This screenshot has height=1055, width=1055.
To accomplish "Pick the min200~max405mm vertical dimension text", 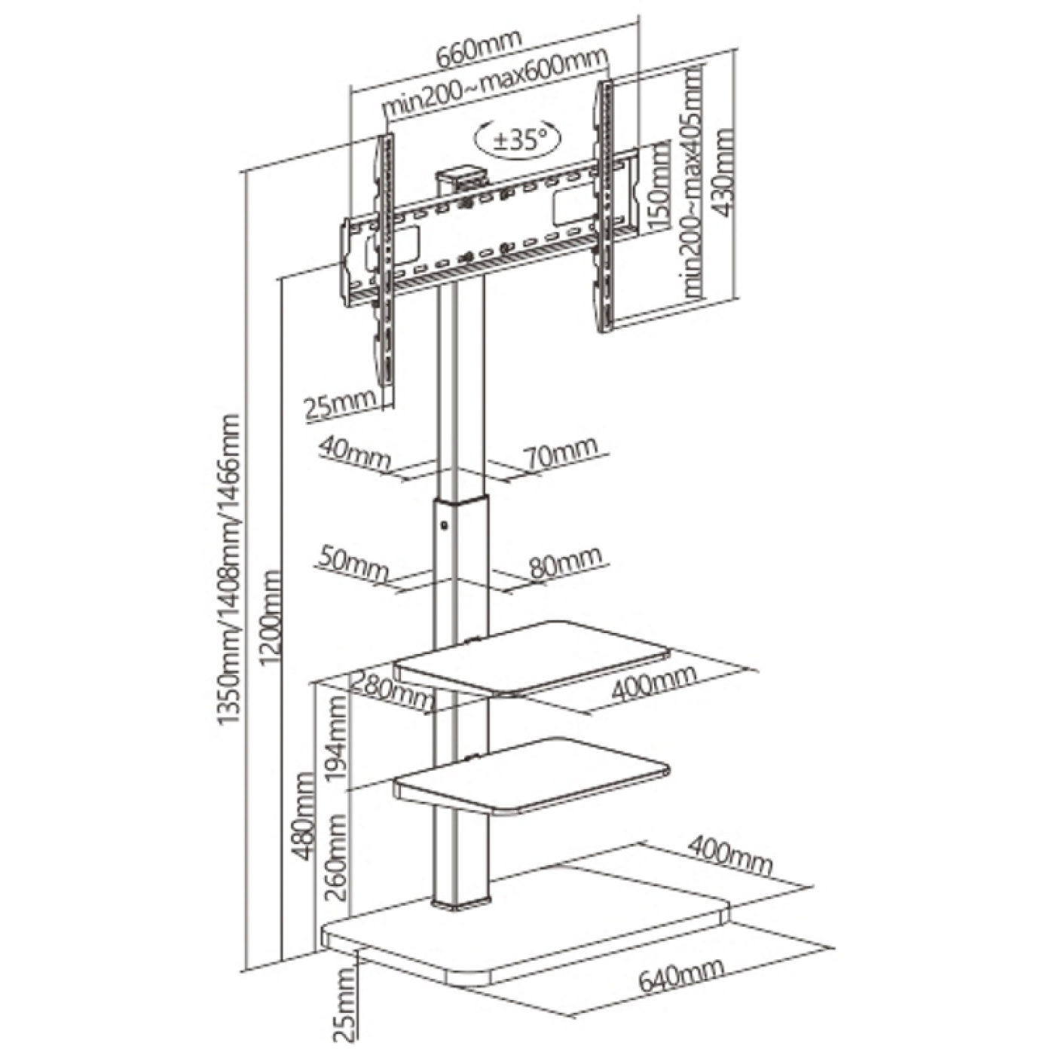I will [691, 181].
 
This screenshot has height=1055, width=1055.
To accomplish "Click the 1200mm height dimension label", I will [272, 619].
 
